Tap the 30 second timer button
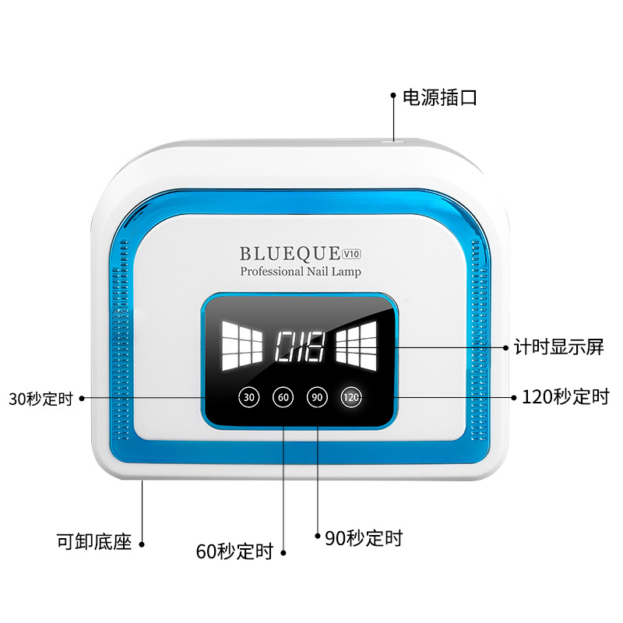click(248, 397)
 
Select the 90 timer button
click(317, 397)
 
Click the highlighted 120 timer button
click(350, 397)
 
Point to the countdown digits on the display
click(300, 345)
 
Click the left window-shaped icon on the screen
click(242, 345)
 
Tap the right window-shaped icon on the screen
click(357, 345)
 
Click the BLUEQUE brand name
click(290, 253)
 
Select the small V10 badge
click(352, 252)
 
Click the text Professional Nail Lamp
click(301, 272)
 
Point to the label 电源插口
click(439, 98)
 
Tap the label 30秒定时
click(40, 399)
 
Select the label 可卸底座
click(94, 541)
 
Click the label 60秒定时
click(234, 552)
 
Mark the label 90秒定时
click(364, 537)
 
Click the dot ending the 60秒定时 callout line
click(283, 553)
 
